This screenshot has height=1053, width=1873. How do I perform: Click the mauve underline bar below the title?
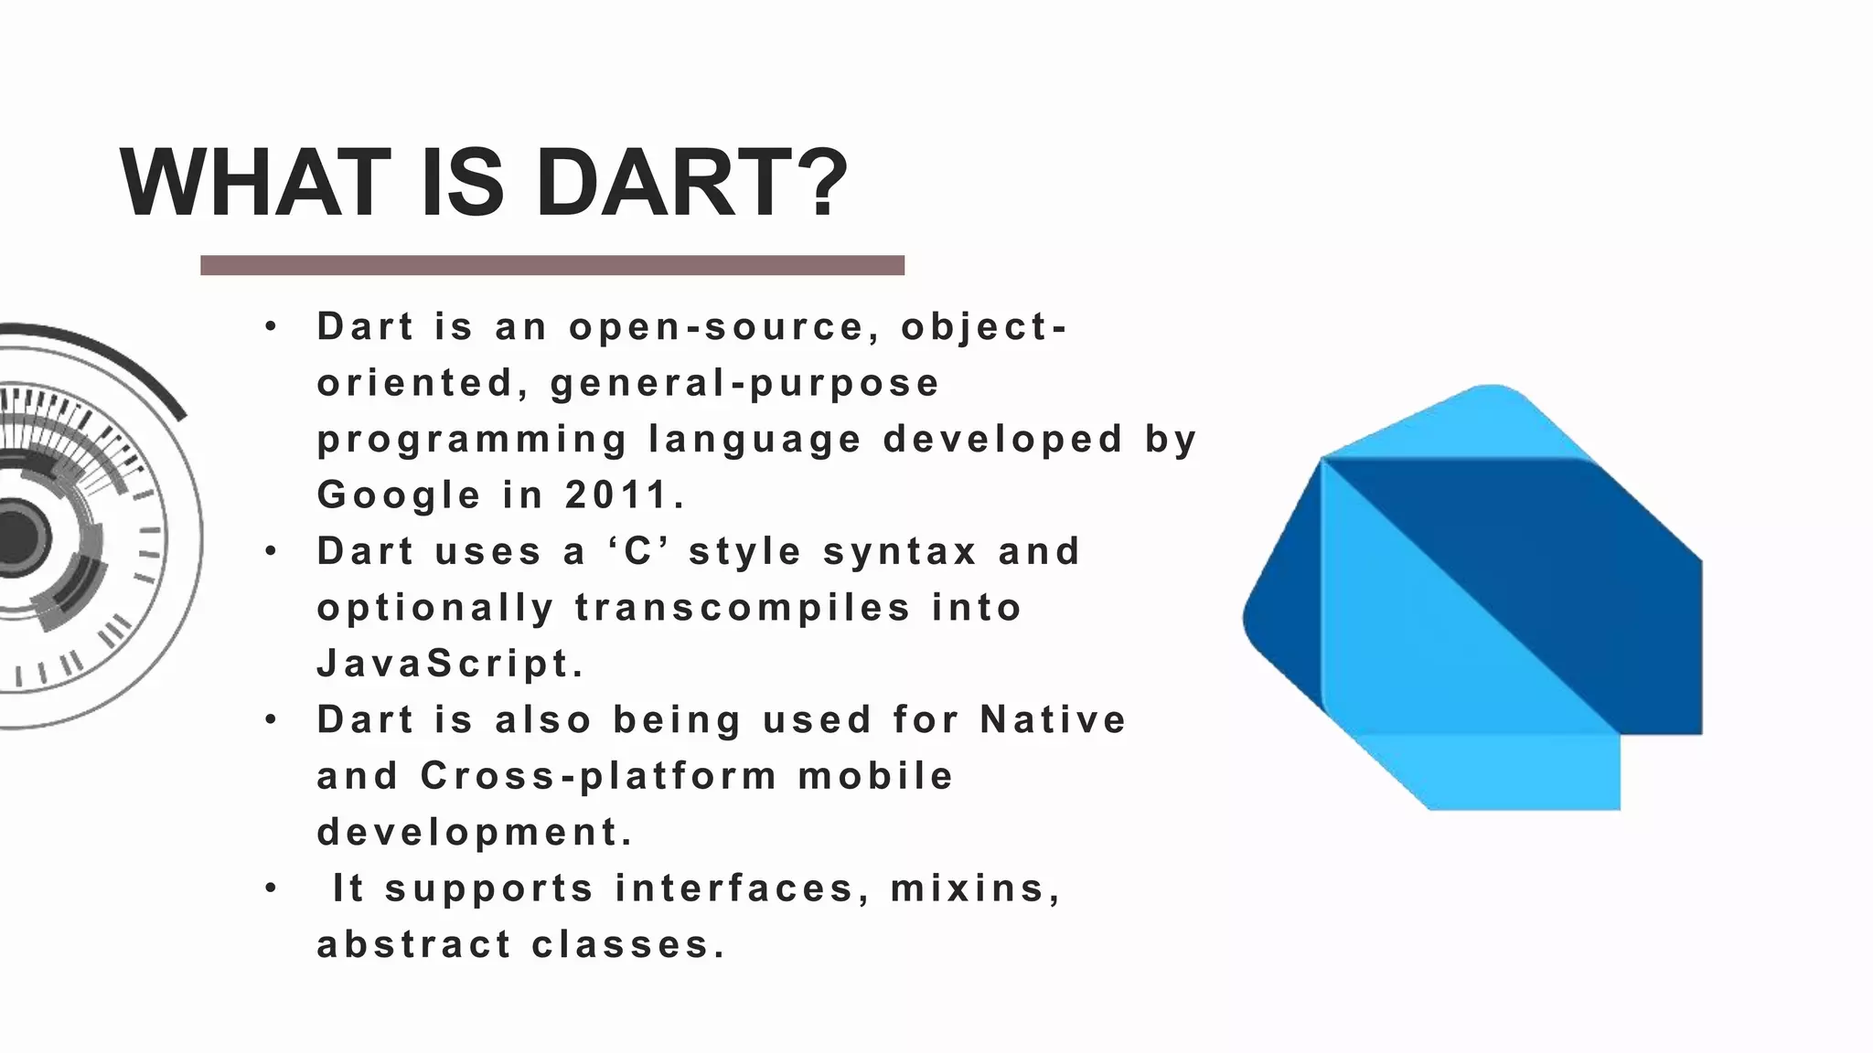(x=552, y=265)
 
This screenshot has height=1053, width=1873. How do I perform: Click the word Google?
(x=399, y=495)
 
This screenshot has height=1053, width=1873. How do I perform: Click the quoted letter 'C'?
(x=637, y=551)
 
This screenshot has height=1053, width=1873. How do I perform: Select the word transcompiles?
(x=743, y=607)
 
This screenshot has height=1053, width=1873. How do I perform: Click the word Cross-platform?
(x=598, y=775)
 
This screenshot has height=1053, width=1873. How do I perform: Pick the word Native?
(x=1053, y=719)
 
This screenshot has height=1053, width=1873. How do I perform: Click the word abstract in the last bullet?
(x=413, y=943)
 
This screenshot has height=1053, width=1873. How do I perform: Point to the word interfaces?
(x=733, y=888)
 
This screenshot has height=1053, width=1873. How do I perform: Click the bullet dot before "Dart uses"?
(x=271, y=551)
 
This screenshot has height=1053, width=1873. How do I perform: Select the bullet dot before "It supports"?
(x=271, y=888)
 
